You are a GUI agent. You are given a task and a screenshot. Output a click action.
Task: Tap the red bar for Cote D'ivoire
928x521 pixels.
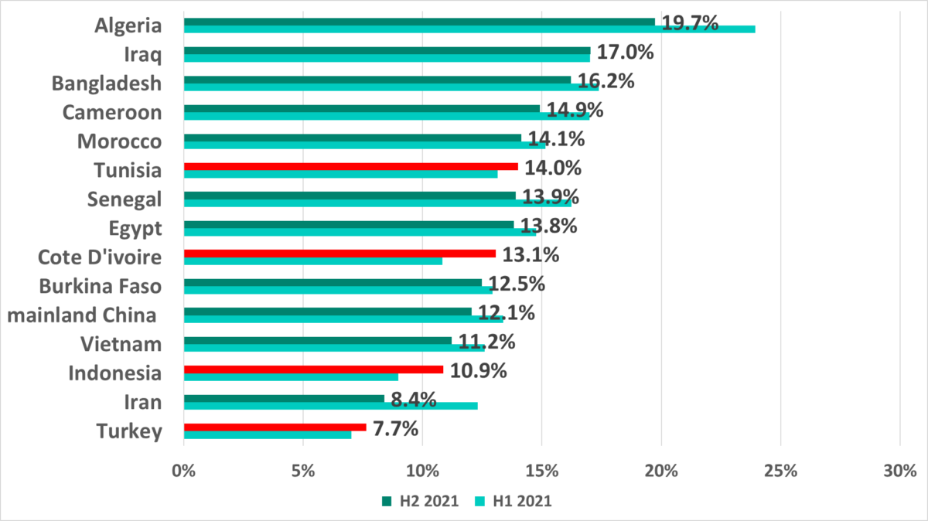339,253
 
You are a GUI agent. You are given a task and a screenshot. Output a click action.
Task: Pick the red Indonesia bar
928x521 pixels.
313,369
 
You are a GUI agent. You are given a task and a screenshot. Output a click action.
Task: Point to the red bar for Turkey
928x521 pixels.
275,427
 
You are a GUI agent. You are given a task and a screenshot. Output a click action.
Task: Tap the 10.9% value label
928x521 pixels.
478,371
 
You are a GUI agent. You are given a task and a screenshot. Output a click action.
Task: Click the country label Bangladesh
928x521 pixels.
107,83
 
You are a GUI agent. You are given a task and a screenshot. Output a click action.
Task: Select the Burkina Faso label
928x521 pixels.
100,286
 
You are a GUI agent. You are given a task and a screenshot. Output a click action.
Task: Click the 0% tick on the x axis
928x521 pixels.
183,470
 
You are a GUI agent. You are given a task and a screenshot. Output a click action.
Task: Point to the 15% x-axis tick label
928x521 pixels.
541,470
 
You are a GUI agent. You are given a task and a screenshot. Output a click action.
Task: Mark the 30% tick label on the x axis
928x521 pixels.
899,470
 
